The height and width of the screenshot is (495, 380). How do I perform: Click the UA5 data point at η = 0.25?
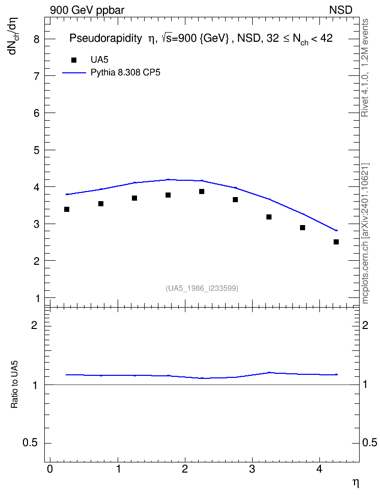pyautogui.click(x=67, y=209)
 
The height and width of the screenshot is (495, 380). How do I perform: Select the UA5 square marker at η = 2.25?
pyautogui.click(x=202, y=191)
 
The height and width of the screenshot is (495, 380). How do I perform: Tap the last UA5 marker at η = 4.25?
pyautogui.click(x=336, y=242)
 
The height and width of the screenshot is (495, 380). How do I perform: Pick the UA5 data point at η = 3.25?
pyautogui.click(x=269, y=217)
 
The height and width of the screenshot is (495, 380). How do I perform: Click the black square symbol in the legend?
pyautogui.click(x=74, y=60)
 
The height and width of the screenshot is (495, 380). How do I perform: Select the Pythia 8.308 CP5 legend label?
pyautogui.click(x=125, y=73)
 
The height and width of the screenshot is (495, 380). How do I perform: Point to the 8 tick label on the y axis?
pyautogui.click(x=37, y=39)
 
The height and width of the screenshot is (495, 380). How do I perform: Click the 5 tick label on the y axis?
pyautogui.click(x=37, y=150)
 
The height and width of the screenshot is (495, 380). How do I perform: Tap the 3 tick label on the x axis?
pyautogui.click(x=252, y=469)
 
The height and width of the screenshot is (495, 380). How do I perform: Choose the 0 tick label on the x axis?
pyautogui.click(x=50, y=469)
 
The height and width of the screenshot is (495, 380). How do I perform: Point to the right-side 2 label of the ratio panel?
pyautogui.click(x=365, y=325)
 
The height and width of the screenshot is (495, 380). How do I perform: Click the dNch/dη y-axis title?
pyautogui.click(x=14, y=36)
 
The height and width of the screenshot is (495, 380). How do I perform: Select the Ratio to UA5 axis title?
pyautogui.click(x=15, y=384)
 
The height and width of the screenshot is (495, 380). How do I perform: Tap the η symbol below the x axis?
pyautogui.click(x=356, y=483)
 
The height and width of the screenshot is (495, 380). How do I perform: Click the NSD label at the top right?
pyautogui.click(x=340, y=10)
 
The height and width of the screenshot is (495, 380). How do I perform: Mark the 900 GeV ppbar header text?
pyautogui.click(x=87, y=10)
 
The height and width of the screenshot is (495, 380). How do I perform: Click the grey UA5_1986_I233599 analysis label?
pyautogui.click(x=202, y=288)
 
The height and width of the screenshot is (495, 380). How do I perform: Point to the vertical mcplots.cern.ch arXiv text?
pyautogui.click(x=365, y=234)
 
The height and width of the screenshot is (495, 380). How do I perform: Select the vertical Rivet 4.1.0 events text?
pyautogui.click(x=365, y=68)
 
